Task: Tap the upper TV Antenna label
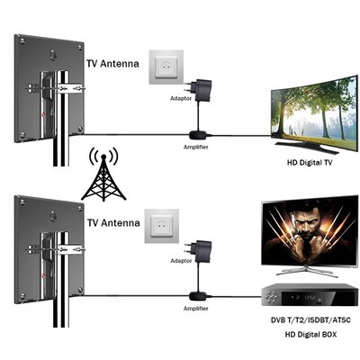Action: click(114, 64)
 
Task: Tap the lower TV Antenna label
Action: click(114, 220)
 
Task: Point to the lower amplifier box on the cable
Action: click(196, 295)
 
